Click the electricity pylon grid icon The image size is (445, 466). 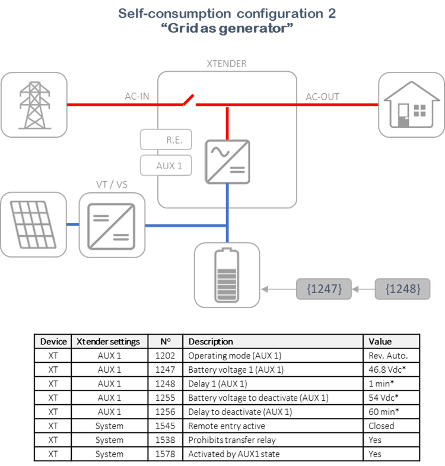point(34,105)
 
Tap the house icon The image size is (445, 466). point(411,105)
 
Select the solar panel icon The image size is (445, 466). point(33,224)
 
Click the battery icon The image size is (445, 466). point(227,275)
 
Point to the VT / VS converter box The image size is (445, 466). point(112,225)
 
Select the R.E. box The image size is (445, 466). point(166,141)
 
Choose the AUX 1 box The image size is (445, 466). point(166,166)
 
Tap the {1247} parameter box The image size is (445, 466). point(323,289)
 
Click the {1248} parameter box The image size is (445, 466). point(403,289)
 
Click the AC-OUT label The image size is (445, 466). point(323,96)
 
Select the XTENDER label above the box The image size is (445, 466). point(227,64)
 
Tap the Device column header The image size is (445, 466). point(53,341)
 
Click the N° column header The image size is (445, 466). point(166,341)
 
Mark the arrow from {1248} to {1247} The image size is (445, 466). point(363,289)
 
